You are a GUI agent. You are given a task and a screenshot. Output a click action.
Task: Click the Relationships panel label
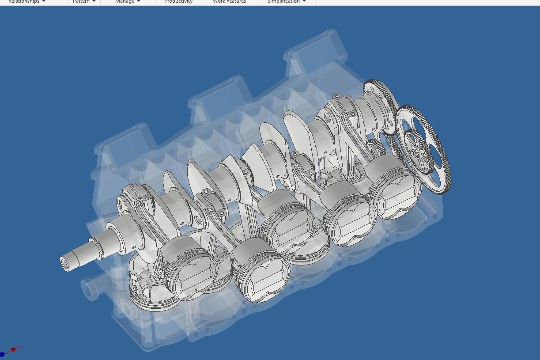point(23,2)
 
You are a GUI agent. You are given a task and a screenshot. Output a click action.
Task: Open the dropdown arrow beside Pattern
point(94,2)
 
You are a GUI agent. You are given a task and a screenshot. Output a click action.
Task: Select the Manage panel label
point(125,2)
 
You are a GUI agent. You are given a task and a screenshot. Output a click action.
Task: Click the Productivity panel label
point(178,2)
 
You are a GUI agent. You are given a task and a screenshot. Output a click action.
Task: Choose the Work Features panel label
point(229,2)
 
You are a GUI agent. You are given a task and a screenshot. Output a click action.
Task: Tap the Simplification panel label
point(283,2)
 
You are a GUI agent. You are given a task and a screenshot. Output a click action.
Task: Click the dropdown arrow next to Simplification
point(304,2)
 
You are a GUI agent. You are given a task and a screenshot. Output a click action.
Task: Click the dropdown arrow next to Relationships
point(44,2)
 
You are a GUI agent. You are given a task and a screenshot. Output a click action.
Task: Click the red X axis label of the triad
point(19,347)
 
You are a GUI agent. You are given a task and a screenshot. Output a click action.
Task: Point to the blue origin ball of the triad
point(2,354)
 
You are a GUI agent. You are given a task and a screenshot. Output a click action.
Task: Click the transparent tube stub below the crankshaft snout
point(90,289)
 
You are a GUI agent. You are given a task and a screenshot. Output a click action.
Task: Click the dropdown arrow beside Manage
point(138,2)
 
